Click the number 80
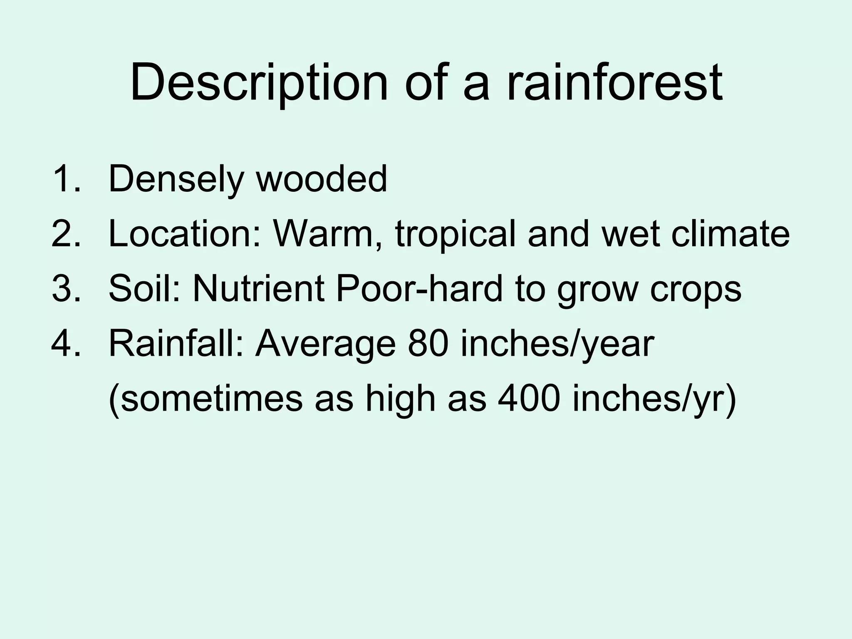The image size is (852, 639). point(427,344)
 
